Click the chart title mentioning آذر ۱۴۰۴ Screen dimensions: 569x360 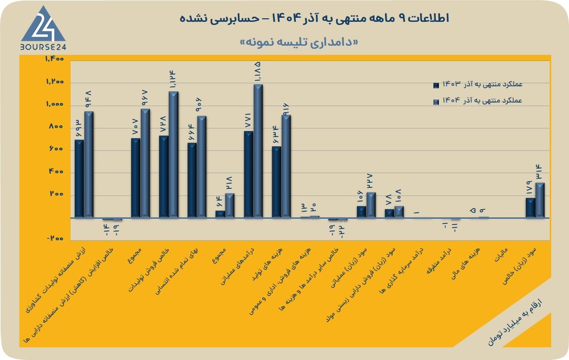[314, 18]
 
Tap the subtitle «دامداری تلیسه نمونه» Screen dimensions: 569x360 [299, 42]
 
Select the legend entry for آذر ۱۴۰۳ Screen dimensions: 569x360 [478, 84]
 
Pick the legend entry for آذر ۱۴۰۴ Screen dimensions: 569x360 [478, 101]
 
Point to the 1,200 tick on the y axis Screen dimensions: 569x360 [55, 82]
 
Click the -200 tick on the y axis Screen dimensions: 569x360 [55, 238]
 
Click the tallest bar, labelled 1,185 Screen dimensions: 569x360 [258, 151]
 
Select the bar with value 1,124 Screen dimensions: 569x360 [173, 155]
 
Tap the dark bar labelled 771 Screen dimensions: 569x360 [248, 174]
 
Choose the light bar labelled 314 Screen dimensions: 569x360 [540, 201]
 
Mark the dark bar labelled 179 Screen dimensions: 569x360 [530, 208]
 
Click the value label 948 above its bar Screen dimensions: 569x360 [88, 99]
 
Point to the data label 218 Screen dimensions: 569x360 [229, 183]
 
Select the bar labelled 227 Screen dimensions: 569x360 [371, 205]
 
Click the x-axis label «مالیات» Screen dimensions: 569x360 [501, 255]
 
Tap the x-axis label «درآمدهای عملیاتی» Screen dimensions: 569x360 [238, 267]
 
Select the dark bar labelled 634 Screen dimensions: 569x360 [276, 182]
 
